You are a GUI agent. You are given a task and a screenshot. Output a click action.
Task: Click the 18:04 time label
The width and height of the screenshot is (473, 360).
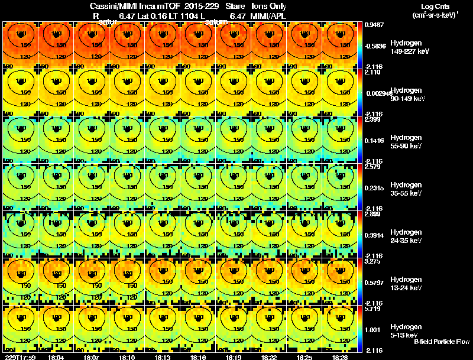click(57, 357)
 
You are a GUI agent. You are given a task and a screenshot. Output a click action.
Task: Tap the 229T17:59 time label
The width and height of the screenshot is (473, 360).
click(20, 357)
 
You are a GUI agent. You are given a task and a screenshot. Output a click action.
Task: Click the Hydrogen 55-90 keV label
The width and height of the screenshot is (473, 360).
click(406, 141)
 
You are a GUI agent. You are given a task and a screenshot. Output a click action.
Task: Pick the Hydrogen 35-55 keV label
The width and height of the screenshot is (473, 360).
click(406, 189)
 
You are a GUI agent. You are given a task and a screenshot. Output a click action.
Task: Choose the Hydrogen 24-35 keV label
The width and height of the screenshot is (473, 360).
click(406, 236)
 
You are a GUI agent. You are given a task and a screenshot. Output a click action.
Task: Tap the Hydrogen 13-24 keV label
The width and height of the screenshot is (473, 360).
click(406, 283)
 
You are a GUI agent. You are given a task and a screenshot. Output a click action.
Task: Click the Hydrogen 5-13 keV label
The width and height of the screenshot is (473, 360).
click(406, 330)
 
